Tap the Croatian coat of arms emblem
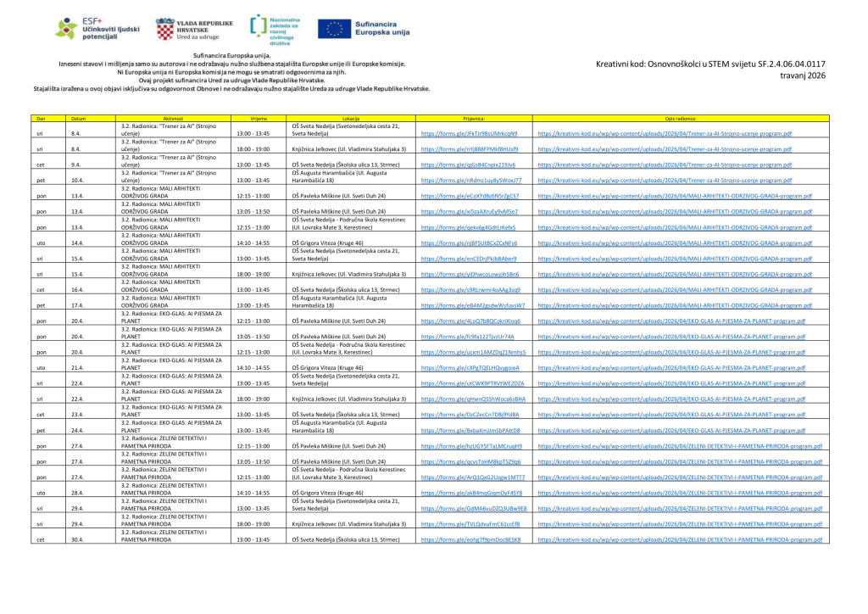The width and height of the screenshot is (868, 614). [164, 30]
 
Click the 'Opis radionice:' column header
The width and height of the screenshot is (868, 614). [681, 120]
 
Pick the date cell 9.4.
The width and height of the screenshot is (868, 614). [76, 165]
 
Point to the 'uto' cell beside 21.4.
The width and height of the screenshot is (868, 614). [39, 367]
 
